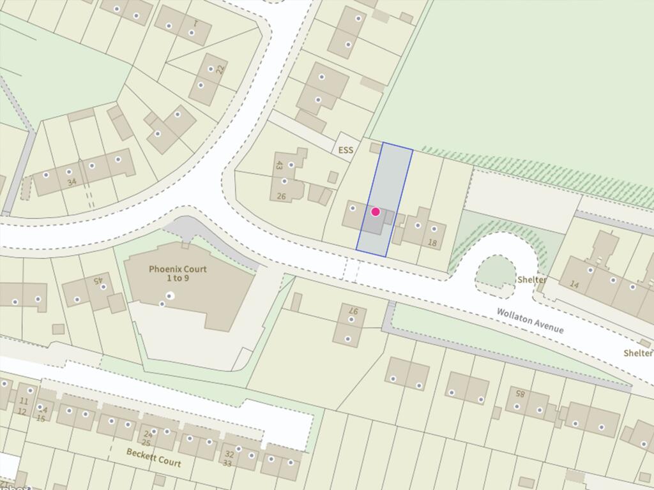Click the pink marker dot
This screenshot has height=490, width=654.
coord(376,212)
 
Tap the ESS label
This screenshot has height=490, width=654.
coord(347,149)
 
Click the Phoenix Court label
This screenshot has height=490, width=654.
coord(178,274)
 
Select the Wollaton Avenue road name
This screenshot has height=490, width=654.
coord(531,320)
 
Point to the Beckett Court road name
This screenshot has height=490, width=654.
coord(153,457)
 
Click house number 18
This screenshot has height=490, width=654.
coord(432,242)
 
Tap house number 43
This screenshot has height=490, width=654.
coord(279,165)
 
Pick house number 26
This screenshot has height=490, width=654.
coord(282,197)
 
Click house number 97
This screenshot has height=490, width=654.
coord(353,313)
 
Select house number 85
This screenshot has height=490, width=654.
coord(520,394)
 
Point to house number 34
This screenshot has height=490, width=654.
coord(72,182)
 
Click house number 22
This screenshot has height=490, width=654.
coord(220,69)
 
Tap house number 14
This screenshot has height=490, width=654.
coord(574,285)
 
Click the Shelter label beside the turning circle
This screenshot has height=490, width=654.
coord(532,279)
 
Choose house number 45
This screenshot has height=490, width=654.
coord(98,279)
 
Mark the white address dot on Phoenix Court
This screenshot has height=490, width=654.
coord(170,295)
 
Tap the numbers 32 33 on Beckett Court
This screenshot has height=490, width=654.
coord(229,459)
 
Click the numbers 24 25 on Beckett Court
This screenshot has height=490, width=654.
coord(146,438)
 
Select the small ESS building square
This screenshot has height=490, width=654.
coord(376,148)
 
